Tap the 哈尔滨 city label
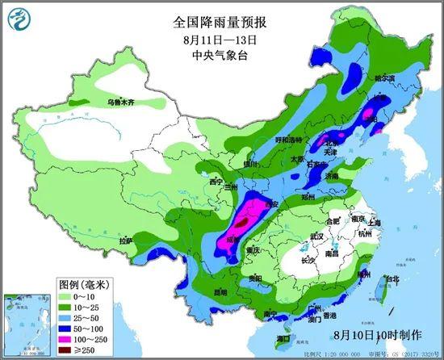click(x=382, y=79)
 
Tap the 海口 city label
click(x=283, y=337)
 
